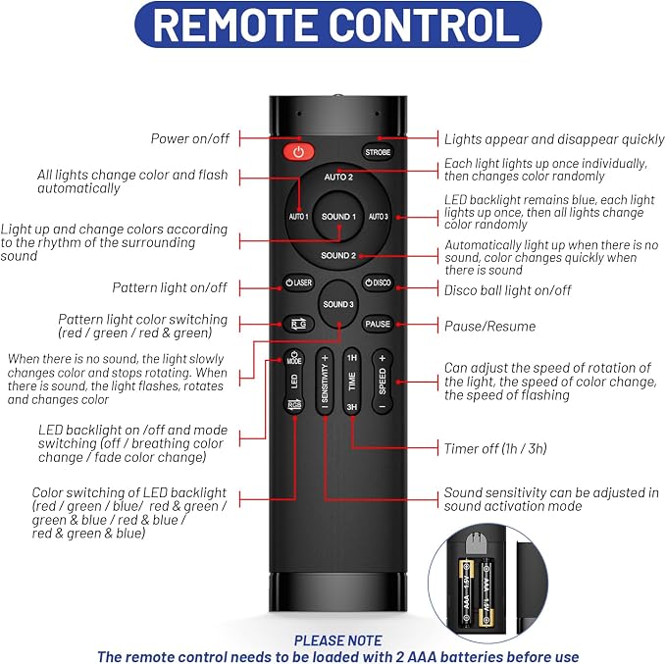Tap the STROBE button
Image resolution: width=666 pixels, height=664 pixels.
tap(378, 152)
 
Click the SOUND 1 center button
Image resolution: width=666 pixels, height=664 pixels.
tap(338, 217)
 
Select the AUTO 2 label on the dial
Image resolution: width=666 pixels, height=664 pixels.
tap(338, 177)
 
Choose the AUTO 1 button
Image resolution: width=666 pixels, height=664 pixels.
tap(298, 217)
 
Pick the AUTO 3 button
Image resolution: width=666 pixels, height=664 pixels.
tap(378, 217)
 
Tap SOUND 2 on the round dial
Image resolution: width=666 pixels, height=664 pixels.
tap(338, 255)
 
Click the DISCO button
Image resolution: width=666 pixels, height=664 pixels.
tap(378, 282)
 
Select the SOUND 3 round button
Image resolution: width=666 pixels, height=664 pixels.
tap(338, 304)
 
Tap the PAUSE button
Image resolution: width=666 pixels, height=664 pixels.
tap(378, 324)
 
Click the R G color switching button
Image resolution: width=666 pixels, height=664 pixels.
tap(298, 324)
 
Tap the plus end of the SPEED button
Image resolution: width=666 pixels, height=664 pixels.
tap(383, 359)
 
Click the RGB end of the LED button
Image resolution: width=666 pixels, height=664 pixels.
tap(294, 404)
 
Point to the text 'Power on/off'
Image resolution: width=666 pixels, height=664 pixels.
tap(190, 138)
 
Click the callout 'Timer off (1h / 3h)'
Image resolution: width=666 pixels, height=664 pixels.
tap(495, 448)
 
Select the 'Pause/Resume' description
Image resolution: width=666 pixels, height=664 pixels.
tap(489, 327)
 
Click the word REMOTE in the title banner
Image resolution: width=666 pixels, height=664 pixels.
tap(234, 25)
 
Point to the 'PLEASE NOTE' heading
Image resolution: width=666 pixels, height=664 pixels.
tap(338, 640)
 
